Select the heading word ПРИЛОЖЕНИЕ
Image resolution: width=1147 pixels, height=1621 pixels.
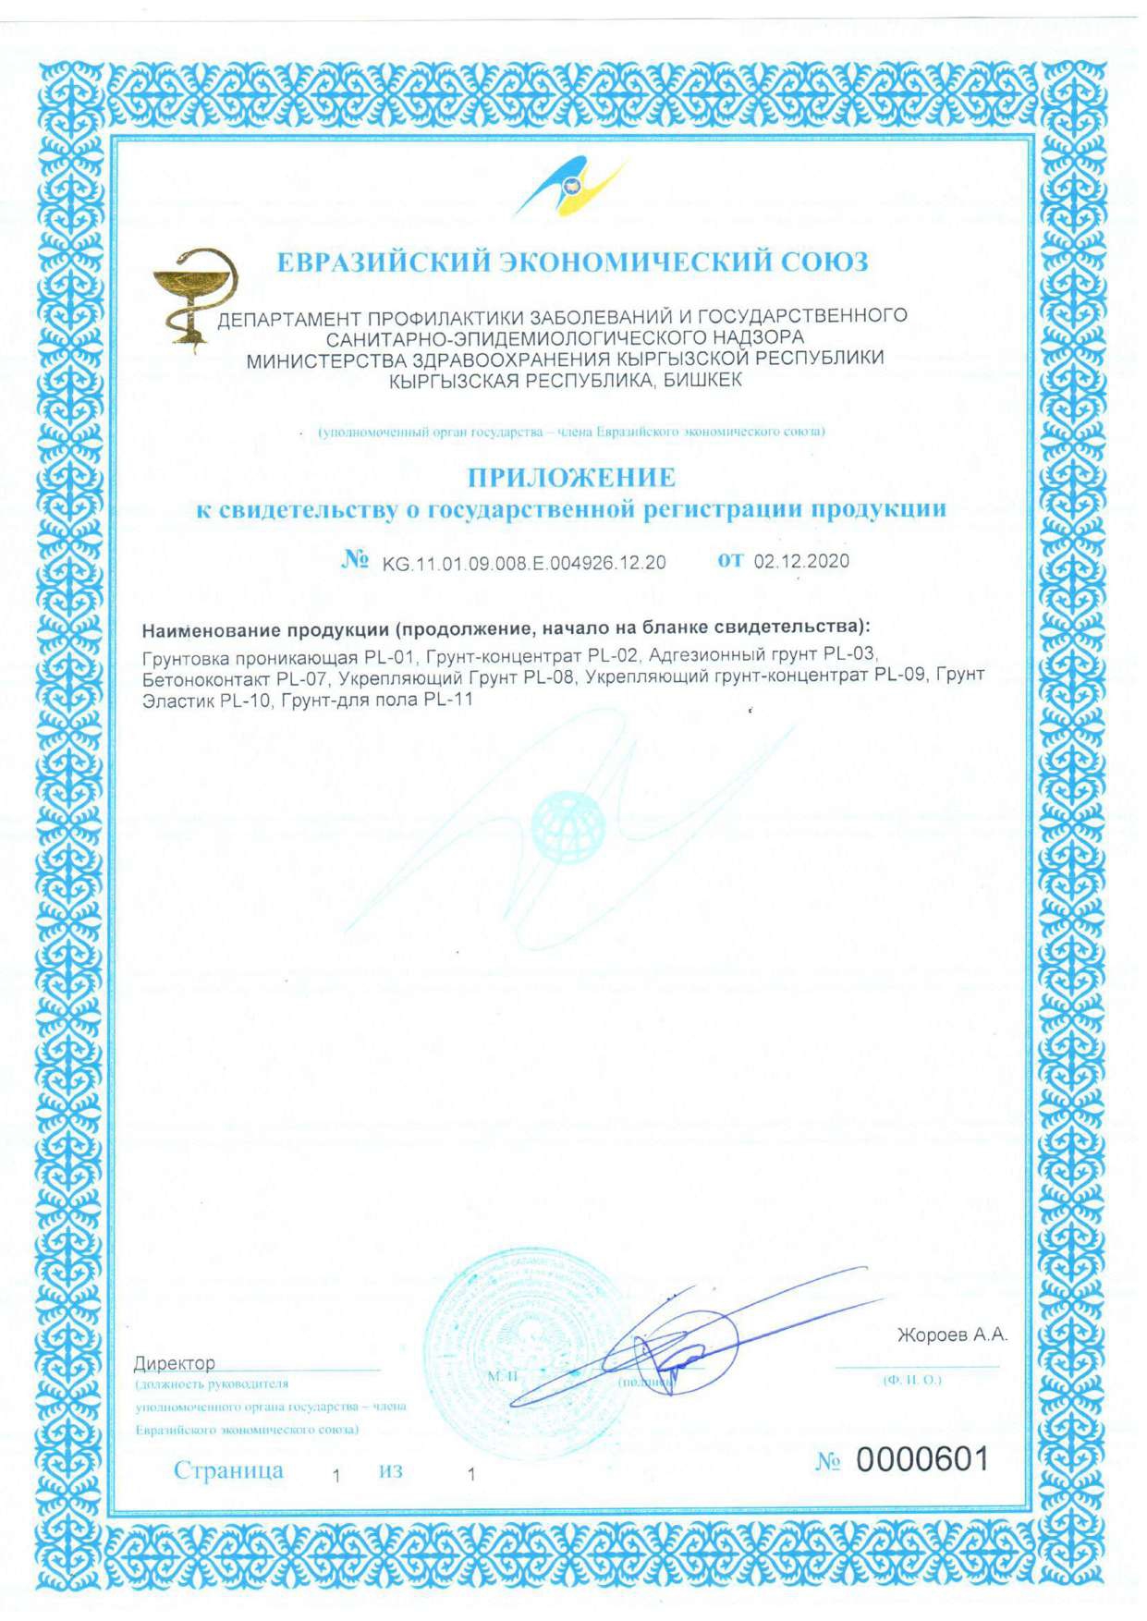pyautogui.click(x=571, y=478)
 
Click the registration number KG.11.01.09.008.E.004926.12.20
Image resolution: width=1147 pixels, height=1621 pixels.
pyautogui.click(x=524, y=563)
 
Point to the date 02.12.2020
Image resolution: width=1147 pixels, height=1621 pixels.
pyautogui.click(x=801, y=561)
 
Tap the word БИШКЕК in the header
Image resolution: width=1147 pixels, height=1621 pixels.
pyautogui.click(x=702, y=381)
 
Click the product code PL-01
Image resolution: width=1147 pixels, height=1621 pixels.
pyautogui.click(x=390, y=658)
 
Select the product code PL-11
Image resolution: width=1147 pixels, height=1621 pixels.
pyautogui.click(x=447, y=700)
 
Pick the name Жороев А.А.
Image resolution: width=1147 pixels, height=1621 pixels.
pyautogui.click(x=951, y=1335)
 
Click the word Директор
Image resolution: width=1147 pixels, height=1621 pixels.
pyautogui.click(x=174, y=1363)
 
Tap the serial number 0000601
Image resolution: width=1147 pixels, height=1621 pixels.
pyautogui.click(x=921, y=1459)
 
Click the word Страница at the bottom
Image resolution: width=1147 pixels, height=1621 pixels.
pyautogui.click(x=228, y=1470)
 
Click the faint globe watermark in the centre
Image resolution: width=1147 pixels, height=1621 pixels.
pyautogui.click(x=567, y=825)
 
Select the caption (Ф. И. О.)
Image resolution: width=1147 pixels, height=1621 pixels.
pyautogui.click(x=911, y=1380)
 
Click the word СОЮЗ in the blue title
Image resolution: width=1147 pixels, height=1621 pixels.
pyautogui.click(x=824, y=262)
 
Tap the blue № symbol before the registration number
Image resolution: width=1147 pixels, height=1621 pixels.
pyautogui.click(x=355, y=560)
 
